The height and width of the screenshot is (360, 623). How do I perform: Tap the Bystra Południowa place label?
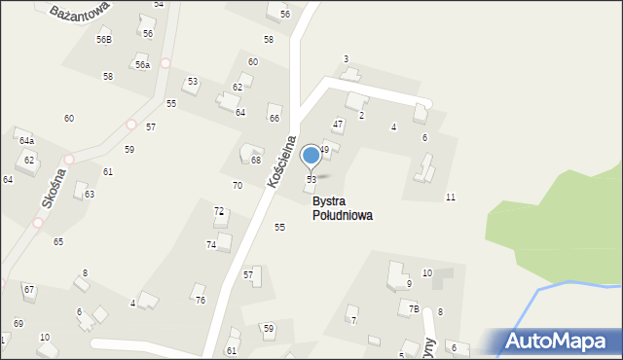coord(342,208)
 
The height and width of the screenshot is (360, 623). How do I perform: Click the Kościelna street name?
coord(279,162)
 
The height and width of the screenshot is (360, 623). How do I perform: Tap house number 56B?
coord(103,39)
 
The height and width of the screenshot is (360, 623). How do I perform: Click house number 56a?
coord(142,64)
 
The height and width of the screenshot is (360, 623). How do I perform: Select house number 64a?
coord(26,141)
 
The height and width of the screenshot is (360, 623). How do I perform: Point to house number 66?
coord(275,118)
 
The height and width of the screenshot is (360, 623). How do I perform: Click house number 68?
coord(256,161)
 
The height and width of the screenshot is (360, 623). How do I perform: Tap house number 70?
coord(238,185)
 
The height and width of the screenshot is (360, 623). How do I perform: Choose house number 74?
coord(211,244)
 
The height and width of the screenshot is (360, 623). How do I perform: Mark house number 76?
coord(200,300)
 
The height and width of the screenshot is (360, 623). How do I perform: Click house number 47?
coord(338,124)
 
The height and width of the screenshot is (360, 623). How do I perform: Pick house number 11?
coord(450,198)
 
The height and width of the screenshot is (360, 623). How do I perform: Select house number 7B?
coord(414,308)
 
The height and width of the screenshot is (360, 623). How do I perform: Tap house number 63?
coord(89,194)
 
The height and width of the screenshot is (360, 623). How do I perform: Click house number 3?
coord(346,59)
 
